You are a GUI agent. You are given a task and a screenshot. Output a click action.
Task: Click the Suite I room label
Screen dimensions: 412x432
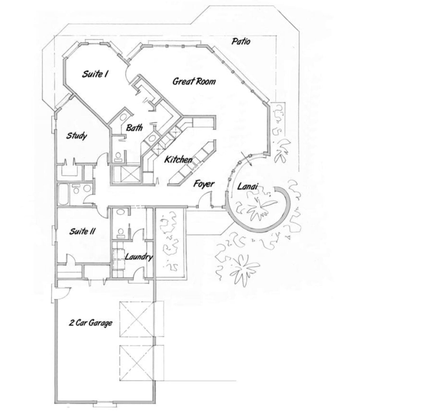(x=95, y=74)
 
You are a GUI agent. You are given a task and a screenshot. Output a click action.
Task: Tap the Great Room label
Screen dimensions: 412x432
(x=194, y=82)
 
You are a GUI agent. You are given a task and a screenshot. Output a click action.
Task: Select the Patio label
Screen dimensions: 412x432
(x=241, y=42)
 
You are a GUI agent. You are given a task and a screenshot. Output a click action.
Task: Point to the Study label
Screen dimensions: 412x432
(x=76, y=136)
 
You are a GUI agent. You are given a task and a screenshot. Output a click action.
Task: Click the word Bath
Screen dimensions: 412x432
(x=134, y=128)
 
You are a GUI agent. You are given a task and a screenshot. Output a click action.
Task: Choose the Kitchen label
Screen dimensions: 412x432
(x=178, y=160)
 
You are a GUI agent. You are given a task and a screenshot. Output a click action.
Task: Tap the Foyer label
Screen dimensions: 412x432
(x=204, y=184)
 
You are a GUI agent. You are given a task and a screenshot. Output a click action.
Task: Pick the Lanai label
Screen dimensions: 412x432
(x=248, y=186)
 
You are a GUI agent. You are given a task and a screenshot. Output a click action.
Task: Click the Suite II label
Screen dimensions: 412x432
(x=82, y=231)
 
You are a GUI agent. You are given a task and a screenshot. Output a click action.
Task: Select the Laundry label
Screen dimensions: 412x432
(x=139, y=257)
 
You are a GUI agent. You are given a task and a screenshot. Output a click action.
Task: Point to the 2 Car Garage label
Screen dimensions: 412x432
(x=91, y=323)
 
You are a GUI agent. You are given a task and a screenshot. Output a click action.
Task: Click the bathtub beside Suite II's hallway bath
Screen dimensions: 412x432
(x=63, y=194)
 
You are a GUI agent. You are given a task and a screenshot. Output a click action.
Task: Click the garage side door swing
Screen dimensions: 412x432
(x=64, y=294)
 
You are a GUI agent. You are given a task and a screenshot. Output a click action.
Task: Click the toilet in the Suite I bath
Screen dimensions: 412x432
(x=119, y=156)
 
